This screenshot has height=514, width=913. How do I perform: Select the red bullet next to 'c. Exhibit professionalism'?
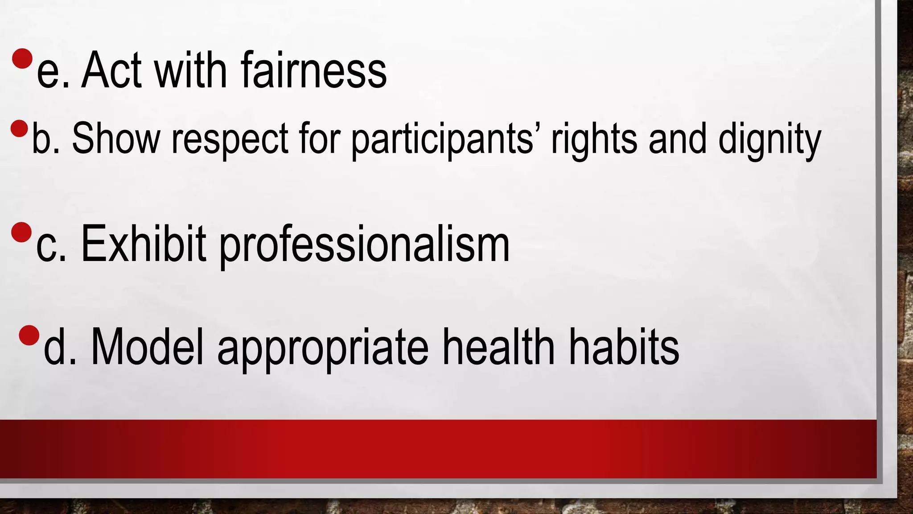pyautogui.click(x=21, y=232)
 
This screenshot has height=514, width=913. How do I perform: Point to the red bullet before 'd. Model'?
pyautogui.click(x=29, y=336)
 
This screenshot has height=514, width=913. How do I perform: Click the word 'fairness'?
pyautogui.click(x=314, y=70)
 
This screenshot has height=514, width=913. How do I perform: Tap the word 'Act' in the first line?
pyautogui.click(x=111, y=70)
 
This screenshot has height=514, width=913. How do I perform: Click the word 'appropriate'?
pyautogui.click(x=323, y=349)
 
